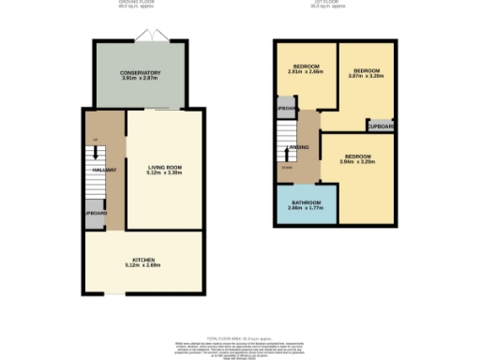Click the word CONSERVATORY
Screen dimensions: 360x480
pos(141,72)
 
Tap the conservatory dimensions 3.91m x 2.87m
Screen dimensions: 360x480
pos(141,78)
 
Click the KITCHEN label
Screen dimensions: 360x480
pos(142,259)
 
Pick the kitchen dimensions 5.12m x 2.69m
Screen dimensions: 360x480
pos(142,265)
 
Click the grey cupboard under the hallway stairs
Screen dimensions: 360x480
pos(96,213)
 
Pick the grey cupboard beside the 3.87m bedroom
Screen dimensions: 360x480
pos(380,126)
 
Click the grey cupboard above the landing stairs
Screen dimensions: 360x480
pos(285,110)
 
